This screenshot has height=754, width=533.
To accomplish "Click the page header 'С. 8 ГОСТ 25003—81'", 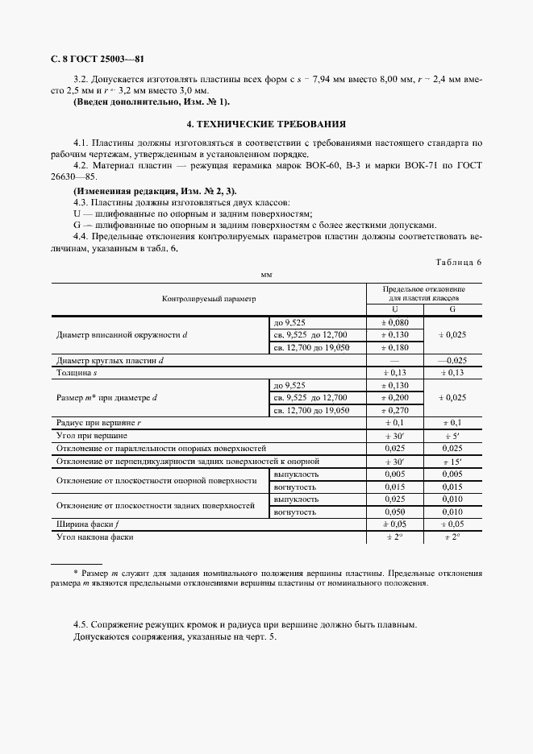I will click(97, 58).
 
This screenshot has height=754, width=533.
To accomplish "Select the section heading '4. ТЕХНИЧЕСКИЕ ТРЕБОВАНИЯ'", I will click(266, 124).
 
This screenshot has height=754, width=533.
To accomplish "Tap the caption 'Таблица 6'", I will click(458, 263).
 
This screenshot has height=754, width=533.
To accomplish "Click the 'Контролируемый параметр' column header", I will click(208, 298).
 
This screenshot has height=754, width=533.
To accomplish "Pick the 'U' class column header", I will click(394, 309).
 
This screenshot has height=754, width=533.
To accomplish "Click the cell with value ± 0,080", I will click(394, 321).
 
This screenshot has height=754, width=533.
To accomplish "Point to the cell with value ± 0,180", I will click(394, 347).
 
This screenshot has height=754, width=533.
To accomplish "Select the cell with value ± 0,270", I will click(394, 410).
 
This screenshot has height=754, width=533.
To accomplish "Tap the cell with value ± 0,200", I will click(394, 398).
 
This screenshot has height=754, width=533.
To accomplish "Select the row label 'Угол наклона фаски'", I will click(94, 536).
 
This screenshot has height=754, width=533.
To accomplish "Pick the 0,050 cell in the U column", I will click(394, 512).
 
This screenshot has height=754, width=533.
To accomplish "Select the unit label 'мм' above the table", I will click(266, 275).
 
